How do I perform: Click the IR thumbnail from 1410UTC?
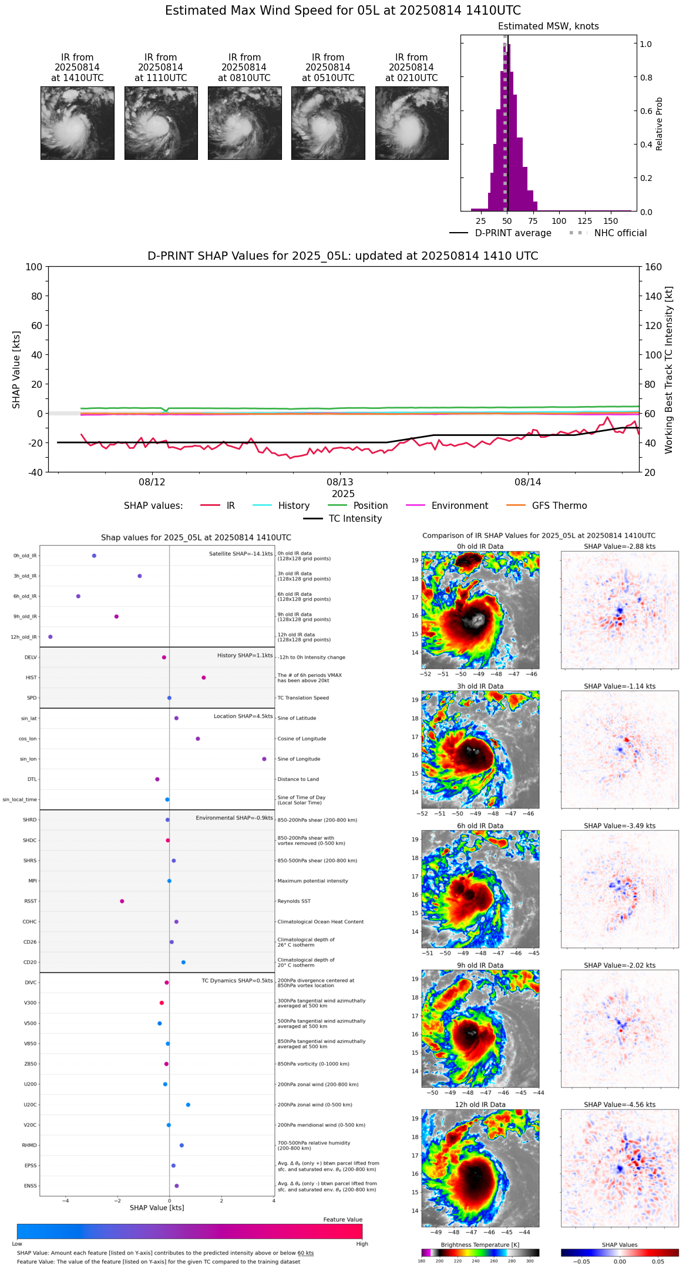point(78,123)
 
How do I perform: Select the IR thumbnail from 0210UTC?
point(412,123)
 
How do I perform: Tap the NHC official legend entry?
point(620,233)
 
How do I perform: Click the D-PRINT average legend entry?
point(513,233)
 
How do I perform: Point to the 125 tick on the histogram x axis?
point(585,221)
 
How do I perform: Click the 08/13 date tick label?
point(340,482)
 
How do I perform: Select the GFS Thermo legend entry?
point(559,506)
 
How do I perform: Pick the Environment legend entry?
point(459,506)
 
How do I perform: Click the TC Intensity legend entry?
point(355,519)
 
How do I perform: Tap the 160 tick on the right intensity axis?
point(653,267)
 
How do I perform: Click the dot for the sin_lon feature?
point(264,759)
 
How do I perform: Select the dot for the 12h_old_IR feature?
point(51,637)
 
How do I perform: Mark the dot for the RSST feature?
point(122,901)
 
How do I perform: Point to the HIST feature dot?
point(204,677)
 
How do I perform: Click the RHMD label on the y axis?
point(30,1145)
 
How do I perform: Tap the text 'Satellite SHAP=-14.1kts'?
point(241,554)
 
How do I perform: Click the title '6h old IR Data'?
point(480,826)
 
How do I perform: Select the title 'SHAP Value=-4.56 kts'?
point(620,1105)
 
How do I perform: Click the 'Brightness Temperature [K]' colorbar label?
point(480,1245)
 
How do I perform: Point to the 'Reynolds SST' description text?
point(294,901)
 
